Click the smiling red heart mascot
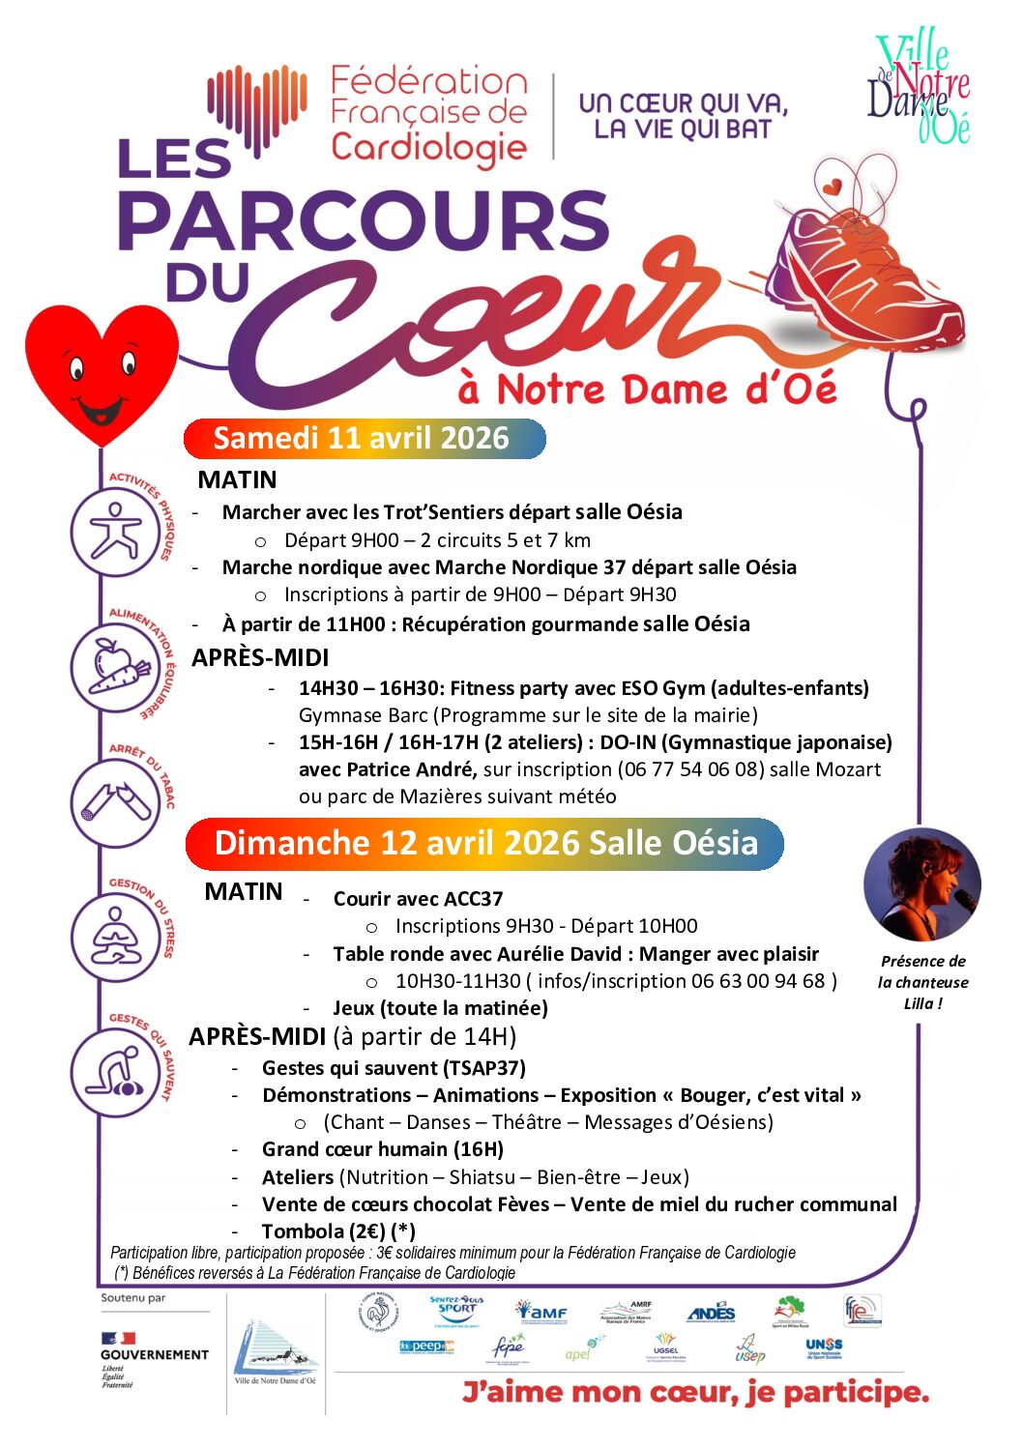point(101,372)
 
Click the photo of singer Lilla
point(921,885)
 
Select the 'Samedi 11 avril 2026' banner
point(364,439)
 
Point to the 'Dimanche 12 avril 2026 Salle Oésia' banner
point(484,843)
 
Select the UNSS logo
point(824,1347)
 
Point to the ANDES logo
point(711,1314)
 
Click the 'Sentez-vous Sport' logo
point(456,1311)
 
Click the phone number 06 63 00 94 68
point(758,980)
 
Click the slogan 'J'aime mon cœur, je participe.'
point(694,1393)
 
